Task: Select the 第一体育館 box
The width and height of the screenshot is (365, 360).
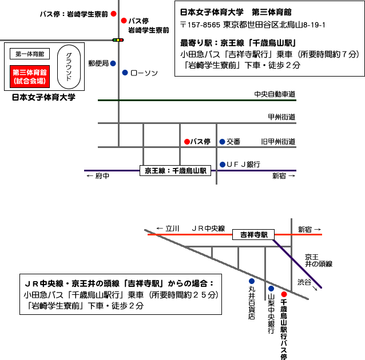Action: point(30,54)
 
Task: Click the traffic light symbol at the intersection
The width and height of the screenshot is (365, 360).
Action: point(118,39)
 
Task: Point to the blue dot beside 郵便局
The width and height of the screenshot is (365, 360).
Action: point(113,63)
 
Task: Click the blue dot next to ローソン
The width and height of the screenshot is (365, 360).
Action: point(125,73)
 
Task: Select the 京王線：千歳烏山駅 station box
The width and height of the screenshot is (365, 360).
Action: point(176,170)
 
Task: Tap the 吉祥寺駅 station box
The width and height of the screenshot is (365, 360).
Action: point(253,234)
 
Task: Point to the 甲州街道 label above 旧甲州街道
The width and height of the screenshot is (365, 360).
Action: point(281,117)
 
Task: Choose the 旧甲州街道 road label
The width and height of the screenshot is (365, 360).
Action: point(278,141)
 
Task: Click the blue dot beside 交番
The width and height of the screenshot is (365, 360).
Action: point(222,141)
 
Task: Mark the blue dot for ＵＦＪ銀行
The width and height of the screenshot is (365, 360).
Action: point(222,165)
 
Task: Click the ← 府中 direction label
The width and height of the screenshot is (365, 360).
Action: point(97,176)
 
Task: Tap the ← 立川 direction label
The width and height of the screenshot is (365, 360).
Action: point(168,228)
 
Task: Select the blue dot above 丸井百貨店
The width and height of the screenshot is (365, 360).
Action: point(251,281)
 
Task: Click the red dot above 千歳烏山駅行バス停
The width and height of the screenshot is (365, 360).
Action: point(283,294)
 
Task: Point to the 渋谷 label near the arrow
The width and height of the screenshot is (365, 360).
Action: point(305,282)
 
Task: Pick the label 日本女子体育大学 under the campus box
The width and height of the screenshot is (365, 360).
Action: point(44,97)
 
